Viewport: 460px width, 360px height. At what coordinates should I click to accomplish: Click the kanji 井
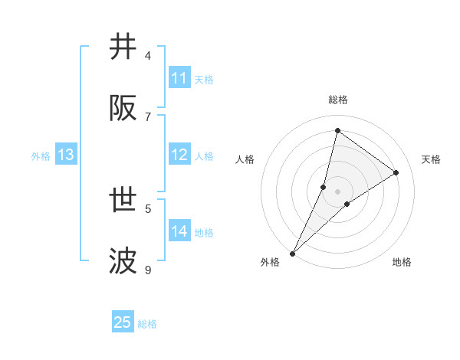tap(123, 47)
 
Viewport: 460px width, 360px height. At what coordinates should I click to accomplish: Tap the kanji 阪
tap(123, 109)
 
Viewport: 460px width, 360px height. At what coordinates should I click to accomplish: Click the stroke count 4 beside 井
tap(148, 55)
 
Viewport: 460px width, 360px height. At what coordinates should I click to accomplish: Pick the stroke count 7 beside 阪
tap(148, 116)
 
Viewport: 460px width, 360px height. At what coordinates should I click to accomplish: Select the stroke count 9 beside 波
tap(148, 270)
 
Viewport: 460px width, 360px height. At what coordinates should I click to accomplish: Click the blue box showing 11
tap(179, 78)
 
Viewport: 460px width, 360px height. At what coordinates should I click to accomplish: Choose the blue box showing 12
tap(179, 155)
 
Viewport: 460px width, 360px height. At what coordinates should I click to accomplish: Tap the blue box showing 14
tap(179, 231)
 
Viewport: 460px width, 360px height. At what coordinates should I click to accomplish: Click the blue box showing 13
tap(66, 155)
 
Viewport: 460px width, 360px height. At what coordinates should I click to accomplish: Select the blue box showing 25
tap(123, 322)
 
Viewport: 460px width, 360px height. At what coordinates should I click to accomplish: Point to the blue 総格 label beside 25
tap(147, 324)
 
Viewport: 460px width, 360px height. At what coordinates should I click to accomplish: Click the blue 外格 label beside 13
tap(41, 156)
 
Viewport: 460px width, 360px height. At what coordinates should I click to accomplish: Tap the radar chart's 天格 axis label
tap(432, 159)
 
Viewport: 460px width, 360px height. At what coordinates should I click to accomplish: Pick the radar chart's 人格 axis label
tap(245, 159)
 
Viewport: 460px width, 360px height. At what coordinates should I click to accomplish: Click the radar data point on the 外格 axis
tap(292, 254)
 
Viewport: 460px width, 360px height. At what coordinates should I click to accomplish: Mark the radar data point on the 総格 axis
tap(337, 130)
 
